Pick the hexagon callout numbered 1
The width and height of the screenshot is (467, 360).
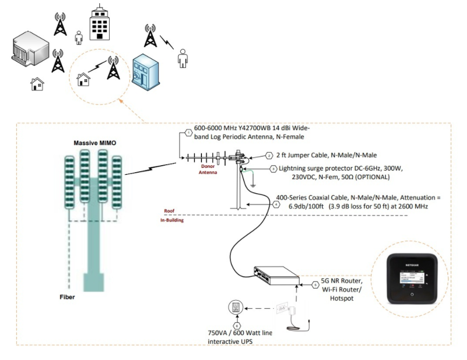(x=188, y=132)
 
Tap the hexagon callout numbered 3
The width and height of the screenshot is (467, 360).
(x=274, y=169)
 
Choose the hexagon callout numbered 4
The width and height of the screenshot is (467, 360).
(x=277, y=204)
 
